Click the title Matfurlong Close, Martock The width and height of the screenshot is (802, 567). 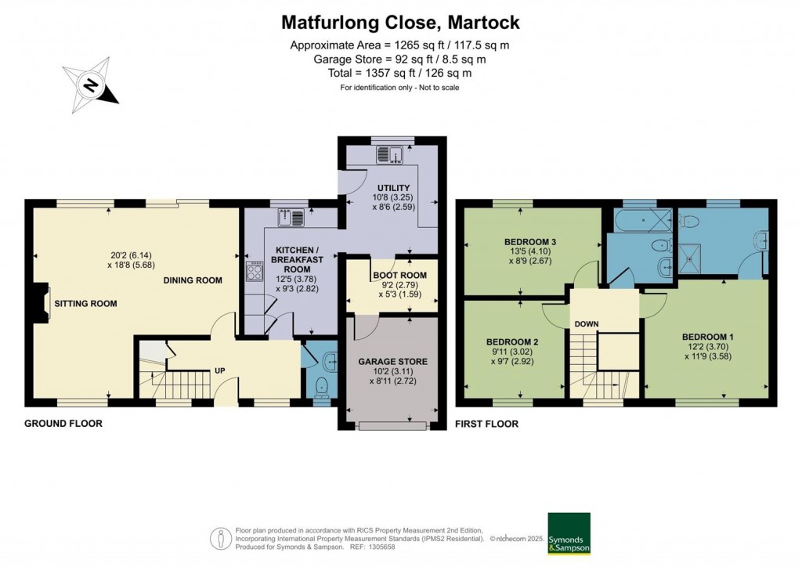click(x=401, y=22)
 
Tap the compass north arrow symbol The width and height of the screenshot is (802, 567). click(x=91, y=85)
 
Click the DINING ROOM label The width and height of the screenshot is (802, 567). click(x=193, y=280)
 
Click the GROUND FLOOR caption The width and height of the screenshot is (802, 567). click(x=63, y=424)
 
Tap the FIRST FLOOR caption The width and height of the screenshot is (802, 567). click(x=486, y=424)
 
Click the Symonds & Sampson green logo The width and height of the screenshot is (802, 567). click(x=569, y=534)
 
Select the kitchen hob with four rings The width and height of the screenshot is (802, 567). click(x=255, y=273)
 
